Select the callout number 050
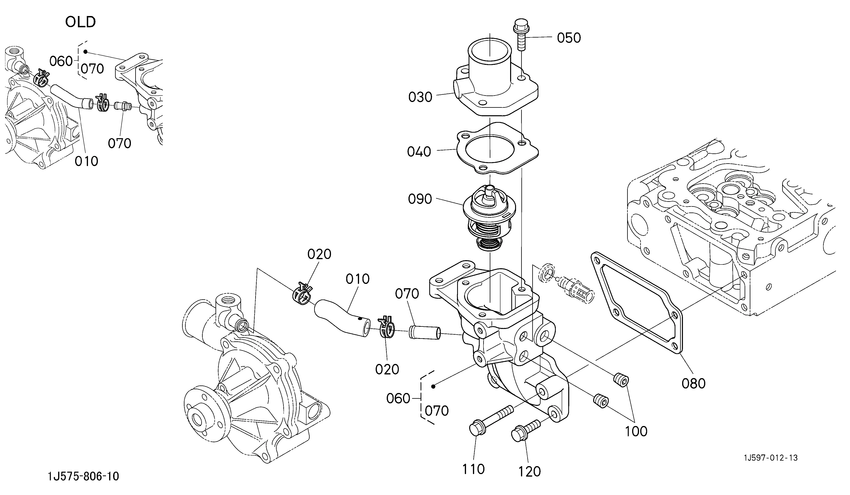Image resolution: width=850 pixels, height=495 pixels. (x=569, y=38)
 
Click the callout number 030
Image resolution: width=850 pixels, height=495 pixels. (x=420, y=97)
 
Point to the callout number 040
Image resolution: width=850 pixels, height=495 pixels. (x=419, y=152)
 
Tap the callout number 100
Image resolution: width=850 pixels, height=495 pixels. (x=636, y=431)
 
